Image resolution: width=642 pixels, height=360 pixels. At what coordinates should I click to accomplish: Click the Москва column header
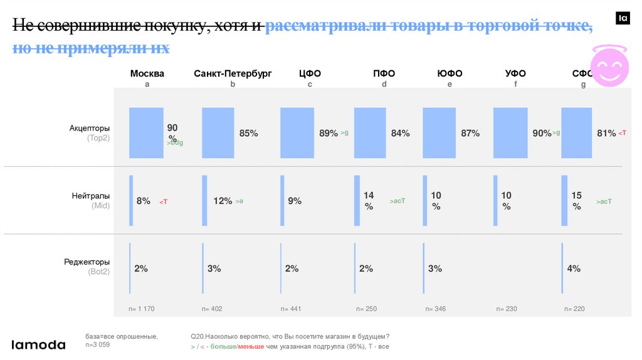tap(147, 73)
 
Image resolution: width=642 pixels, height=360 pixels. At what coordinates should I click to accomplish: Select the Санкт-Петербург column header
tap(233, 73)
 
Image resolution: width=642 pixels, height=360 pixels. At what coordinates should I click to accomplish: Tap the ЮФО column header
tap(450, 73)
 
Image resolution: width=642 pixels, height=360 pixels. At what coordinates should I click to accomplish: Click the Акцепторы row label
tap(89, 129)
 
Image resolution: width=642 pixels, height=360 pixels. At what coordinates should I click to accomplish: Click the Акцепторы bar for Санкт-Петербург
tap(218, 132)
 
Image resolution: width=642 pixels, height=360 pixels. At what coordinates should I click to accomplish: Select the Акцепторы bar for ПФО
tap(369, 132)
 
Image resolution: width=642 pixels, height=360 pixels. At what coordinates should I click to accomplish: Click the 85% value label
tap(248, 133)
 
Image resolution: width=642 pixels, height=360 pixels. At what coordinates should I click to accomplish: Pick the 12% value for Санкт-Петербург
tap(223, 201)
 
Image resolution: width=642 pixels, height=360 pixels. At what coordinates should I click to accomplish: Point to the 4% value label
tap(574, 268)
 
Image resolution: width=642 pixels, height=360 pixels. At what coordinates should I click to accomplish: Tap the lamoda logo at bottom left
tap(38, 344)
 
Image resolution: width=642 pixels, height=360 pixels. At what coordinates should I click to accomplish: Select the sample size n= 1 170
tap(141, 309)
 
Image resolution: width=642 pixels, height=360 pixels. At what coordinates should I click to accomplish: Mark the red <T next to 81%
tap(622, 133)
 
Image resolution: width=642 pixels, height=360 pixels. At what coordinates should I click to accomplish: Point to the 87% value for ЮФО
tap(470, 133)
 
